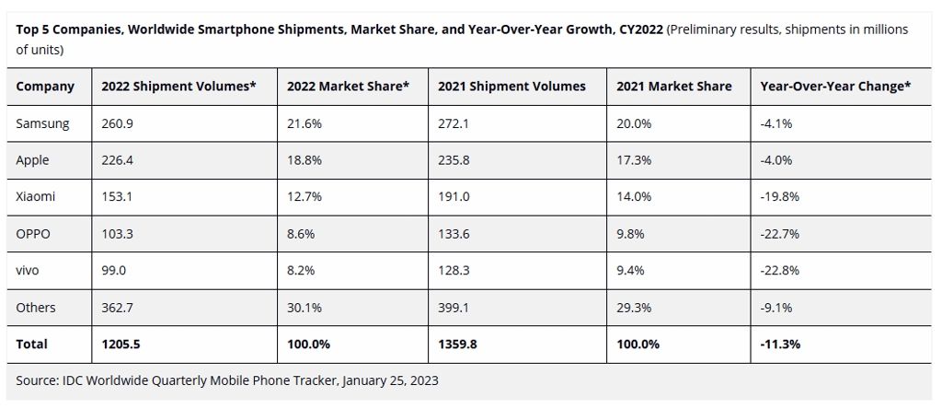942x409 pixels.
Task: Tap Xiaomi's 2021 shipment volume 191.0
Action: click(x=453, y=197)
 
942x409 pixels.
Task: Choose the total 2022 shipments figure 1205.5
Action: click(x=120, y=345)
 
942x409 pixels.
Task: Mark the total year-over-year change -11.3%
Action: click(x=781, y=345)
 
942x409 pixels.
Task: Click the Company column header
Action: click(x=45, y=87)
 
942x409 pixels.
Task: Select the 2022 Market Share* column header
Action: click(x=348, y=87)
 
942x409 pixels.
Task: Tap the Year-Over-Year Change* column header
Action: click(x=835, y=87)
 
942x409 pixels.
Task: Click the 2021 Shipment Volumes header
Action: click(x=511, y=87)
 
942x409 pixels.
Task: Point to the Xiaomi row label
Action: click(x=35, y=197)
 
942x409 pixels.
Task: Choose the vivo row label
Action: click(x=29, y=271)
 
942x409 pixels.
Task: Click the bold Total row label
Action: click(x=32, y=345)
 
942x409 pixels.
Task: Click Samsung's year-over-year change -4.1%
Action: click(x=775, y=123)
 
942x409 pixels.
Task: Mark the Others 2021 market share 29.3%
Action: click(x=634, y=308)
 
